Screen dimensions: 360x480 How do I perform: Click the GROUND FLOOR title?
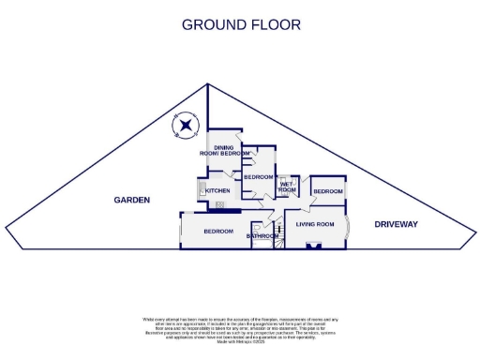pyautogui.click(x=241, y=24)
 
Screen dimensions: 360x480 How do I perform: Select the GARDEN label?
pyautogui.click(x=132, y=200)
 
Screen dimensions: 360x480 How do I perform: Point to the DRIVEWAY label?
pyautogui.click(x=396, y=224)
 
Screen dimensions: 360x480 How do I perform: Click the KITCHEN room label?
pyautogui.click(x=217, y=190)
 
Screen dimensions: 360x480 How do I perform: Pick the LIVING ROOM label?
pyautogui.click(x=315, y=225)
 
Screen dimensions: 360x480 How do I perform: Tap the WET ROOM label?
pyautogui.click(x=287, y=187)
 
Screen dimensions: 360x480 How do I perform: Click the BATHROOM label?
pyautogui.click(x=262, y=236)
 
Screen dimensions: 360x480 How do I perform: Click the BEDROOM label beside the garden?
pyautogui.click(x=217, y=231)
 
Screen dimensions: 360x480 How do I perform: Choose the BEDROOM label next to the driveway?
pyautogui.click(x=328, y=191)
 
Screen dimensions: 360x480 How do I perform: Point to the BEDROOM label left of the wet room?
pyautogui.click(x=258, y=177)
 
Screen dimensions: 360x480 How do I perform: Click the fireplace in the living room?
pyautogui.click(x=315, y=246)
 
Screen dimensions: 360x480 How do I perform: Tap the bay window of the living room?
pyautogui.click(x=347, y=228)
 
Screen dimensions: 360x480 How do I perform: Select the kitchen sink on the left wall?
pyautogui.click(x=202, y=190)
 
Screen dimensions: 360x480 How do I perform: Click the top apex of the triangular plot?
pyautogui.click(x=206, y=84)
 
